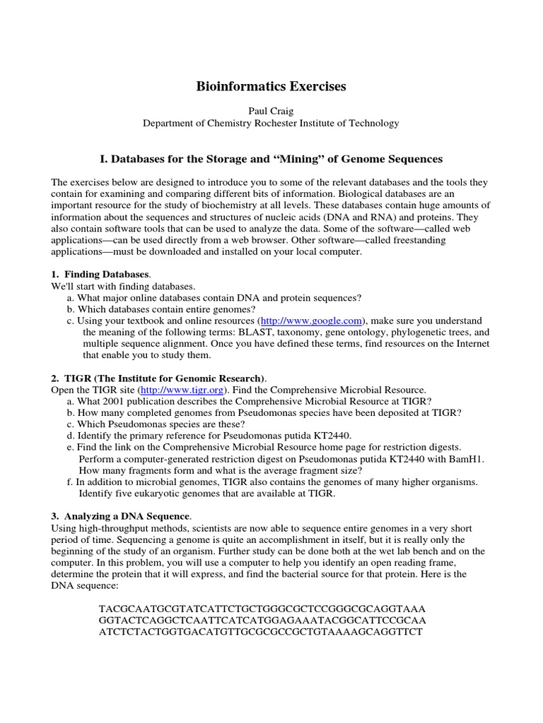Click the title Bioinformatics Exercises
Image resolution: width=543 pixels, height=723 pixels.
tap(271, 87)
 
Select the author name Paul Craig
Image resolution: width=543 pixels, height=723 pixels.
tap(271, 111)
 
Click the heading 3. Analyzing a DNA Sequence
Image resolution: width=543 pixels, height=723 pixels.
tap(121, 516)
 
